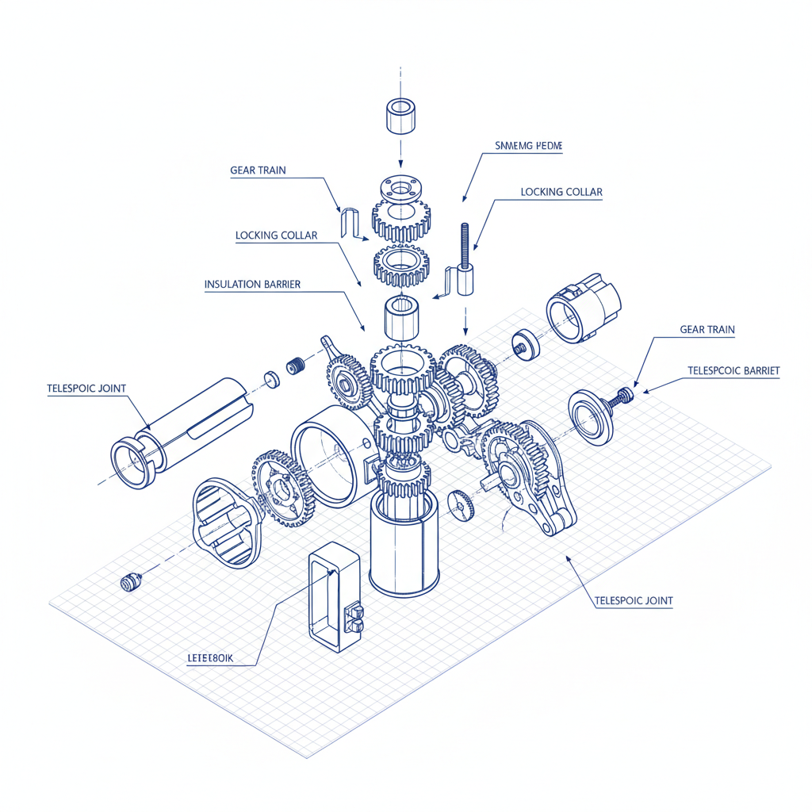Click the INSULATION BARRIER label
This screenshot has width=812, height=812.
point(252,284)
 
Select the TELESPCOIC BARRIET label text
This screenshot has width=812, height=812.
point(733,370)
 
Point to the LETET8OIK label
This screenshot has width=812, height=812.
point(215,657)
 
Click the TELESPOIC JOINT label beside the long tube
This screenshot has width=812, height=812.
point(86,388)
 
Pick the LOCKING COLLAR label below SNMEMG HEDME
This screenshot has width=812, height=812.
point(561,192)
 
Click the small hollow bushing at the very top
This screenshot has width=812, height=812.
point(400,117)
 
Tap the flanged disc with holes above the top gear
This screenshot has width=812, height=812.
point(400,188)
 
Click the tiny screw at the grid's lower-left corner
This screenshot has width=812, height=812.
point(129,582)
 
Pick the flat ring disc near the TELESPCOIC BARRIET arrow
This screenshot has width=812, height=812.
point(591,416)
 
